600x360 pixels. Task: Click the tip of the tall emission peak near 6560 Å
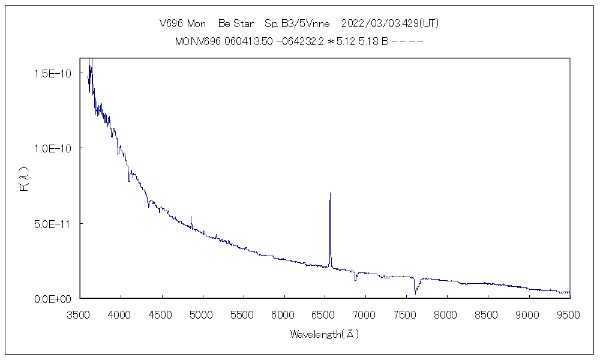(330, 194)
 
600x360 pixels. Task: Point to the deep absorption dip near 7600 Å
(415, 292)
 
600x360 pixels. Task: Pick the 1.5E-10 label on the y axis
(53, 73)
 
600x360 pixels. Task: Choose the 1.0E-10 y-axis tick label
(53, 148)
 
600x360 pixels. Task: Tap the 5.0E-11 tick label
(53, 223)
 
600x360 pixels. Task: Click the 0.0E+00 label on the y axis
(53, 298)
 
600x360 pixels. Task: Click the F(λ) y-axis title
(25, 178)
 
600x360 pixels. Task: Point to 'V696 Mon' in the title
(182, 23)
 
